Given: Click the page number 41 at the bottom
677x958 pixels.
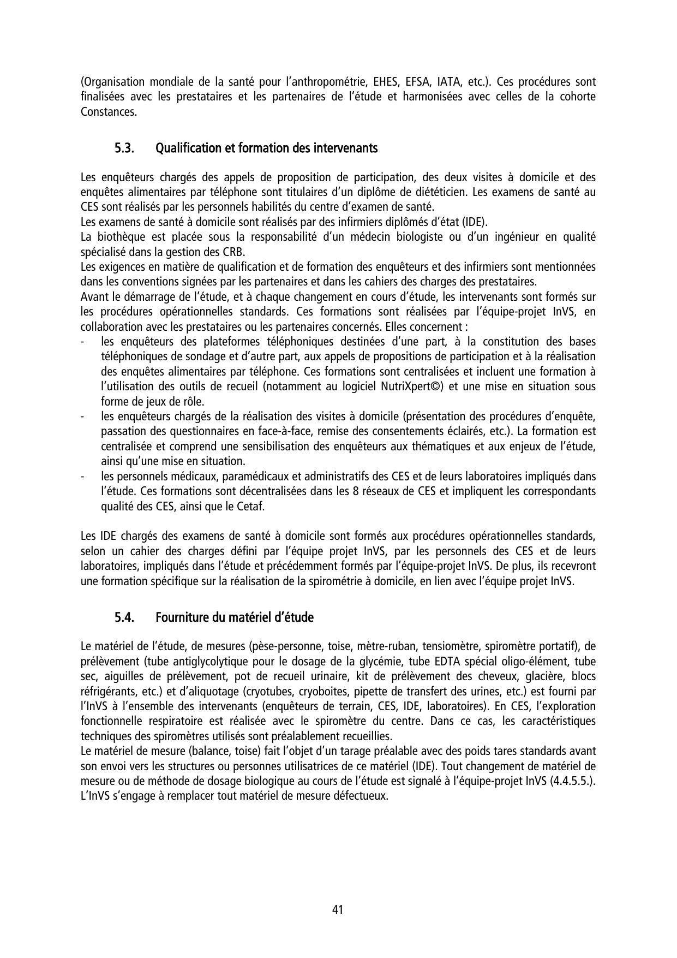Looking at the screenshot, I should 338,909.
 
